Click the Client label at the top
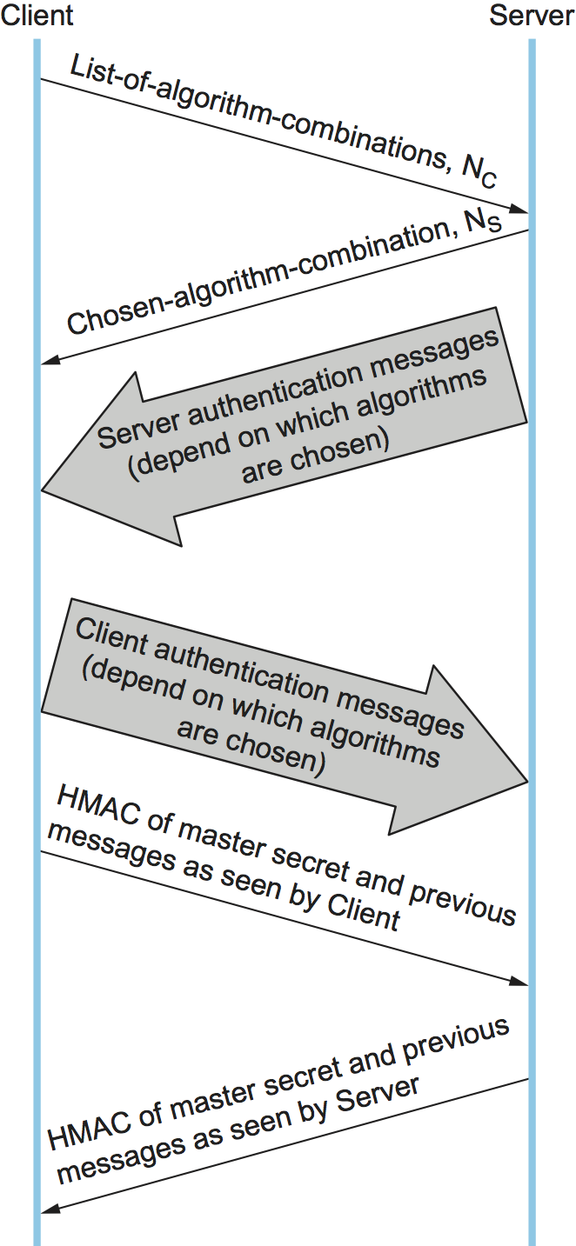(x=37, y=16)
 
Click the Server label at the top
(x=531, y=16)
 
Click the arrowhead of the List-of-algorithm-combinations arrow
(x=520, y=210)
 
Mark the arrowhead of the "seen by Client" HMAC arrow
(x=519, y=982)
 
